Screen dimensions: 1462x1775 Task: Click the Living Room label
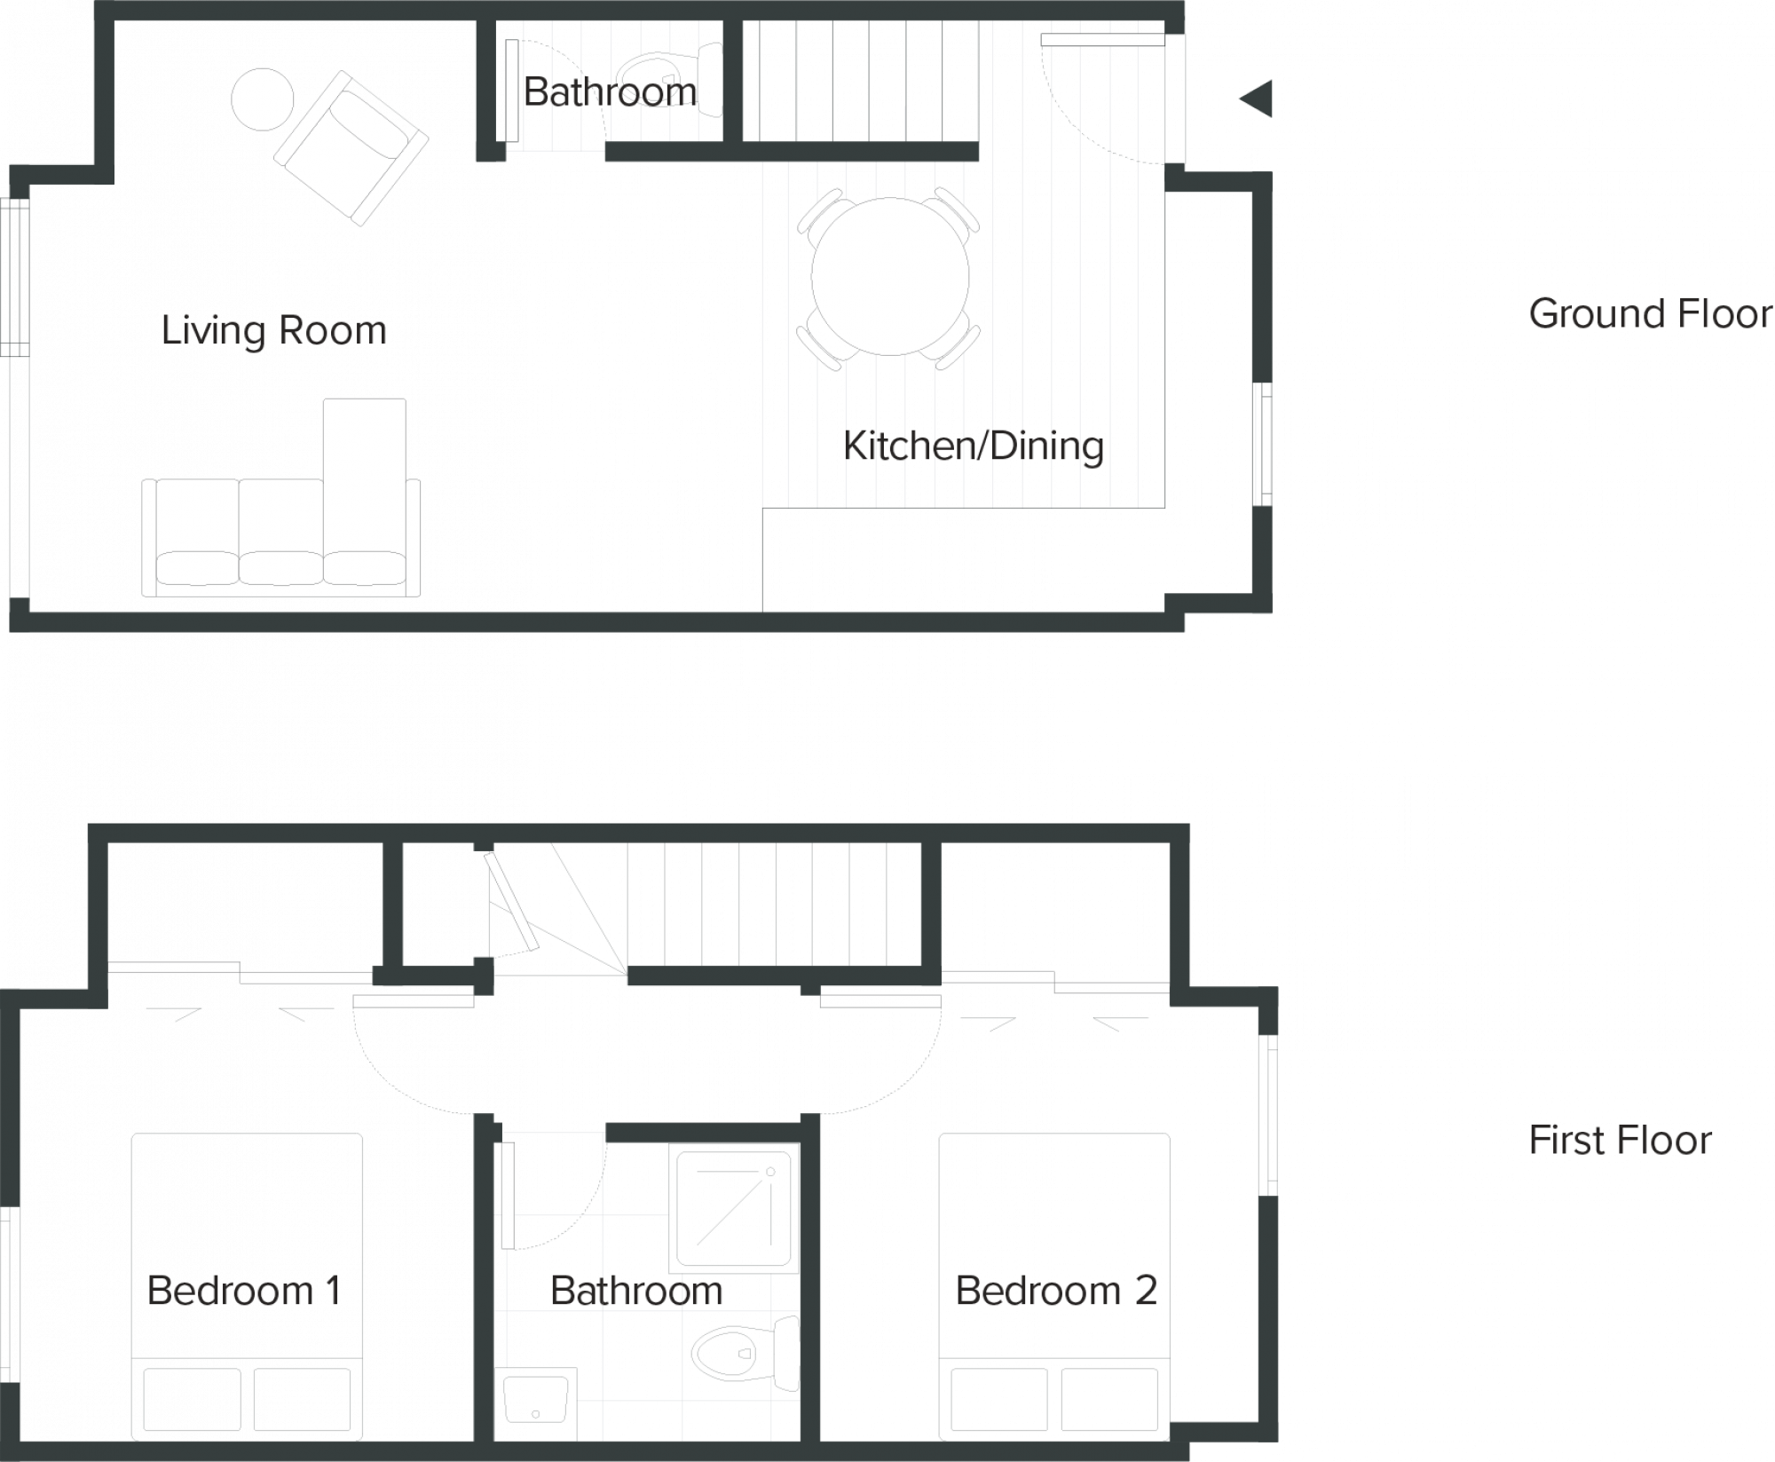click(x=274, y=331)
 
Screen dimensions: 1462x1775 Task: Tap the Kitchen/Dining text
click(x=974, y=446)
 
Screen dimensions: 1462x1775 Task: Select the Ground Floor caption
click(x=1650, y=314)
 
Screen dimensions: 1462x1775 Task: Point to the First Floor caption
click(x=1620, y=1140)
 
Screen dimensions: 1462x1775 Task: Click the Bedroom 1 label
click(x=245, y=1290)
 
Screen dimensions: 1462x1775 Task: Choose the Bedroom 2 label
click(x=1056, y=1290)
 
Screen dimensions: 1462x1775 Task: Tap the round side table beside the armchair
click(x=262, y=99)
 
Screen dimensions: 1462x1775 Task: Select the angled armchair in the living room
click(x=351, y=148)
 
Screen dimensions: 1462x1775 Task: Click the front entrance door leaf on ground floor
click(x=1102, y=40)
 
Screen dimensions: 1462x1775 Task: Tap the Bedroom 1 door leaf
click(x=414, y=1001)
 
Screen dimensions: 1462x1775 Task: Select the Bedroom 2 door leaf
click(x=880, y=1001)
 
